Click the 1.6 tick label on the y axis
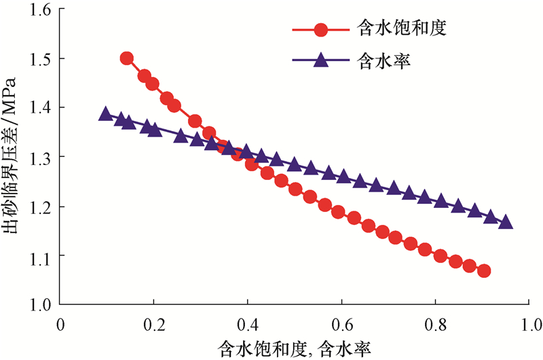(x=42, y=10)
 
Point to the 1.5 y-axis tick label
(x=42, y=59)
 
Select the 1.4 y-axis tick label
(x=42, y=108)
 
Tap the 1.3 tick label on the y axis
(x=42, y=157)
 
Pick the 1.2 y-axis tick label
(x=42, y=206)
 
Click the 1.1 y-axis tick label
(x=42, y=255)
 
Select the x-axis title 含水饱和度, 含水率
(x=295, y=347)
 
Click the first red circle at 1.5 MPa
(x=126, y=58)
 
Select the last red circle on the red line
(x=484, y=271)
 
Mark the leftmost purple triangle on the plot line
(x=105, y=113)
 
